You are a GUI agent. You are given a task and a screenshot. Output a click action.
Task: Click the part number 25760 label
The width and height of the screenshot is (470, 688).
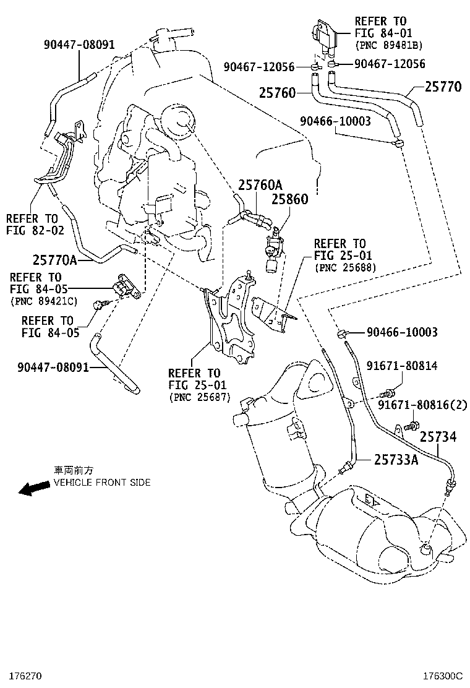[276, 93]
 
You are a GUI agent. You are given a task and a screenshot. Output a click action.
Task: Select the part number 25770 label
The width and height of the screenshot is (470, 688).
[442, 87]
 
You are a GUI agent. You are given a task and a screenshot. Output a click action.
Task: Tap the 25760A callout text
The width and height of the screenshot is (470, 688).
[260, 184]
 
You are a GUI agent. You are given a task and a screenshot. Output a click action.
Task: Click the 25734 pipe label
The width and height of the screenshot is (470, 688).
[438, 437]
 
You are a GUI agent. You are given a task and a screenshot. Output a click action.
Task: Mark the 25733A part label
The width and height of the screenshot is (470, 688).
[396, 459]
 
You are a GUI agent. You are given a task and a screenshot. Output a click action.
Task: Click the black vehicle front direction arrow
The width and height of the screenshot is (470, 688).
[33, 488]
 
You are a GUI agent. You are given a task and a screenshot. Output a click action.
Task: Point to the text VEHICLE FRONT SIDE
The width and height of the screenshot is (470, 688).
[102, 482]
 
